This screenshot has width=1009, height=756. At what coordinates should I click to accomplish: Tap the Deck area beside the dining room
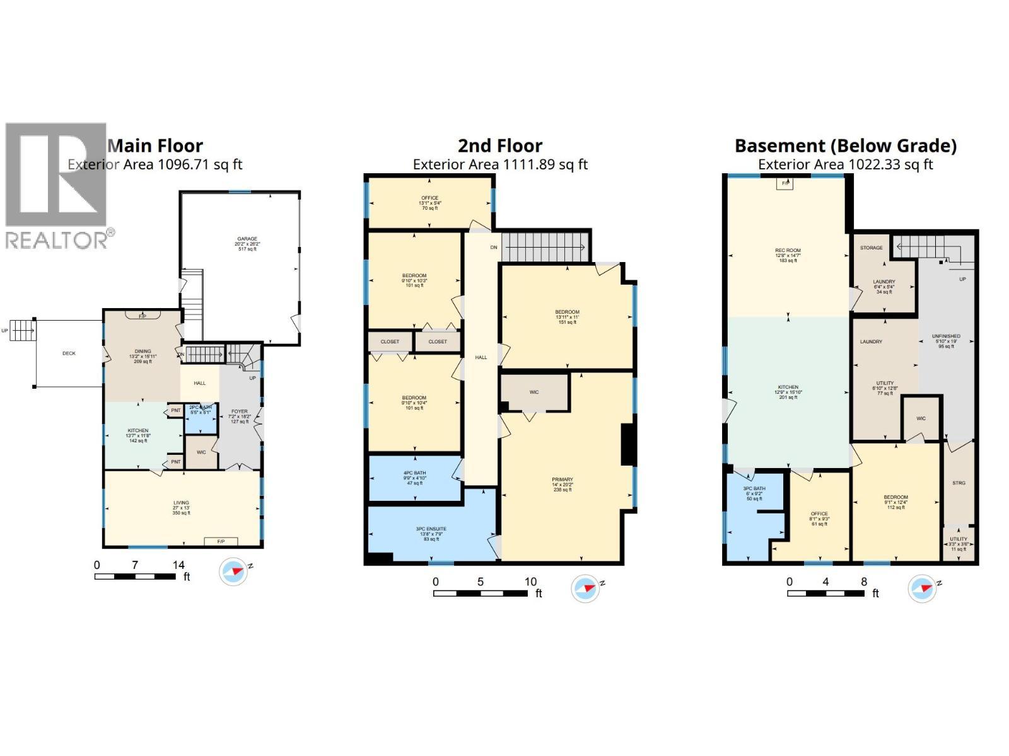coord(69,353)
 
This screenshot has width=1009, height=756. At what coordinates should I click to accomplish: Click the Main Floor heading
coord(155,146)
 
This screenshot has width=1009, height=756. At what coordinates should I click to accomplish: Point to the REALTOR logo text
coord(57,240)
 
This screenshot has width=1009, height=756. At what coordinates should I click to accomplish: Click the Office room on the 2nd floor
coord(429,202)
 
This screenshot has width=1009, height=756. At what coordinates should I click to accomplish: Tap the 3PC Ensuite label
coord(431,533)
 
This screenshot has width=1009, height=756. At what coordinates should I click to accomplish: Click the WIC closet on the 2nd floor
coord(534,392)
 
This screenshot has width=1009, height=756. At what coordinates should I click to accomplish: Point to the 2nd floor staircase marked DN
coord(546,247)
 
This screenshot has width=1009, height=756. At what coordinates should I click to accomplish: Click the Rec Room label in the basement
coord(788,255)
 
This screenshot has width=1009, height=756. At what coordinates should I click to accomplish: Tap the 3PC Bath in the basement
coord(754,493)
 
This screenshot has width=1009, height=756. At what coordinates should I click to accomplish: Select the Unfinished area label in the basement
coord(946,340)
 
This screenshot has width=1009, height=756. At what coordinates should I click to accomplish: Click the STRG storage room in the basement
coord(958,483)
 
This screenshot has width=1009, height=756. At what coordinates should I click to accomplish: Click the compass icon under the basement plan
coord(921,588)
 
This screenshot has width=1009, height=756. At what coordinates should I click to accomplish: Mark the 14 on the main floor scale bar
coord(179,565)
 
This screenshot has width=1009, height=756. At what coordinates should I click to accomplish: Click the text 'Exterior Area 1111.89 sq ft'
coord(500,165)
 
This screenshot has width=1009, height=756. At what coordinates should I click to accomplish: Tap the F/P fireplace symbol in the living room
coord(221,542)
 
